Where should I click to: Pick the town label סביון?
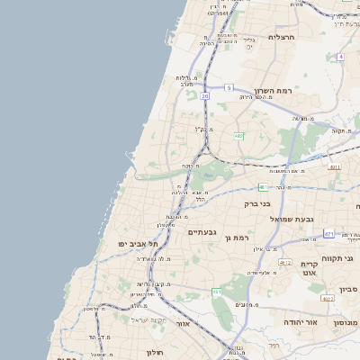tap(348, 289)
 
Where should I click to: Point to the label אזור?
tap(183, 323)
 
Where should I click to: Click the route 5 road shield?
tap(229, 87)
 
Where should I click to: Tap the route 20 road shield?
tap(205, 95)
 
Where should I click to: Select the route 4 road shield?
tap(341, 57)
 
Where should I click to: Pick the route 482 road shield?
tap(238, 136)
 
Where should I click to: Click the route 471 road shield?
tap(329, 234)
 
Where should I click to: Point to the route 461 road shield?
tap(217, 292)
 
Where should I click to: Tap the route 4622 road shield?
tap(328, 298)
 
